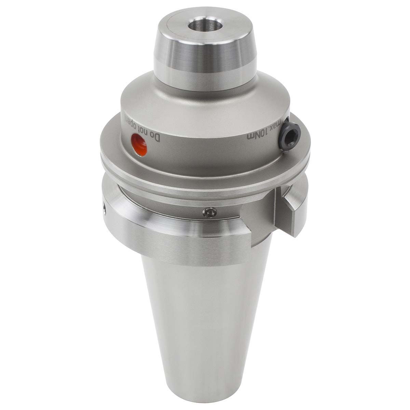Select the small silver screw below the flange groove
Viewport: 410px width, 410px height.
coord(209,212)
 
